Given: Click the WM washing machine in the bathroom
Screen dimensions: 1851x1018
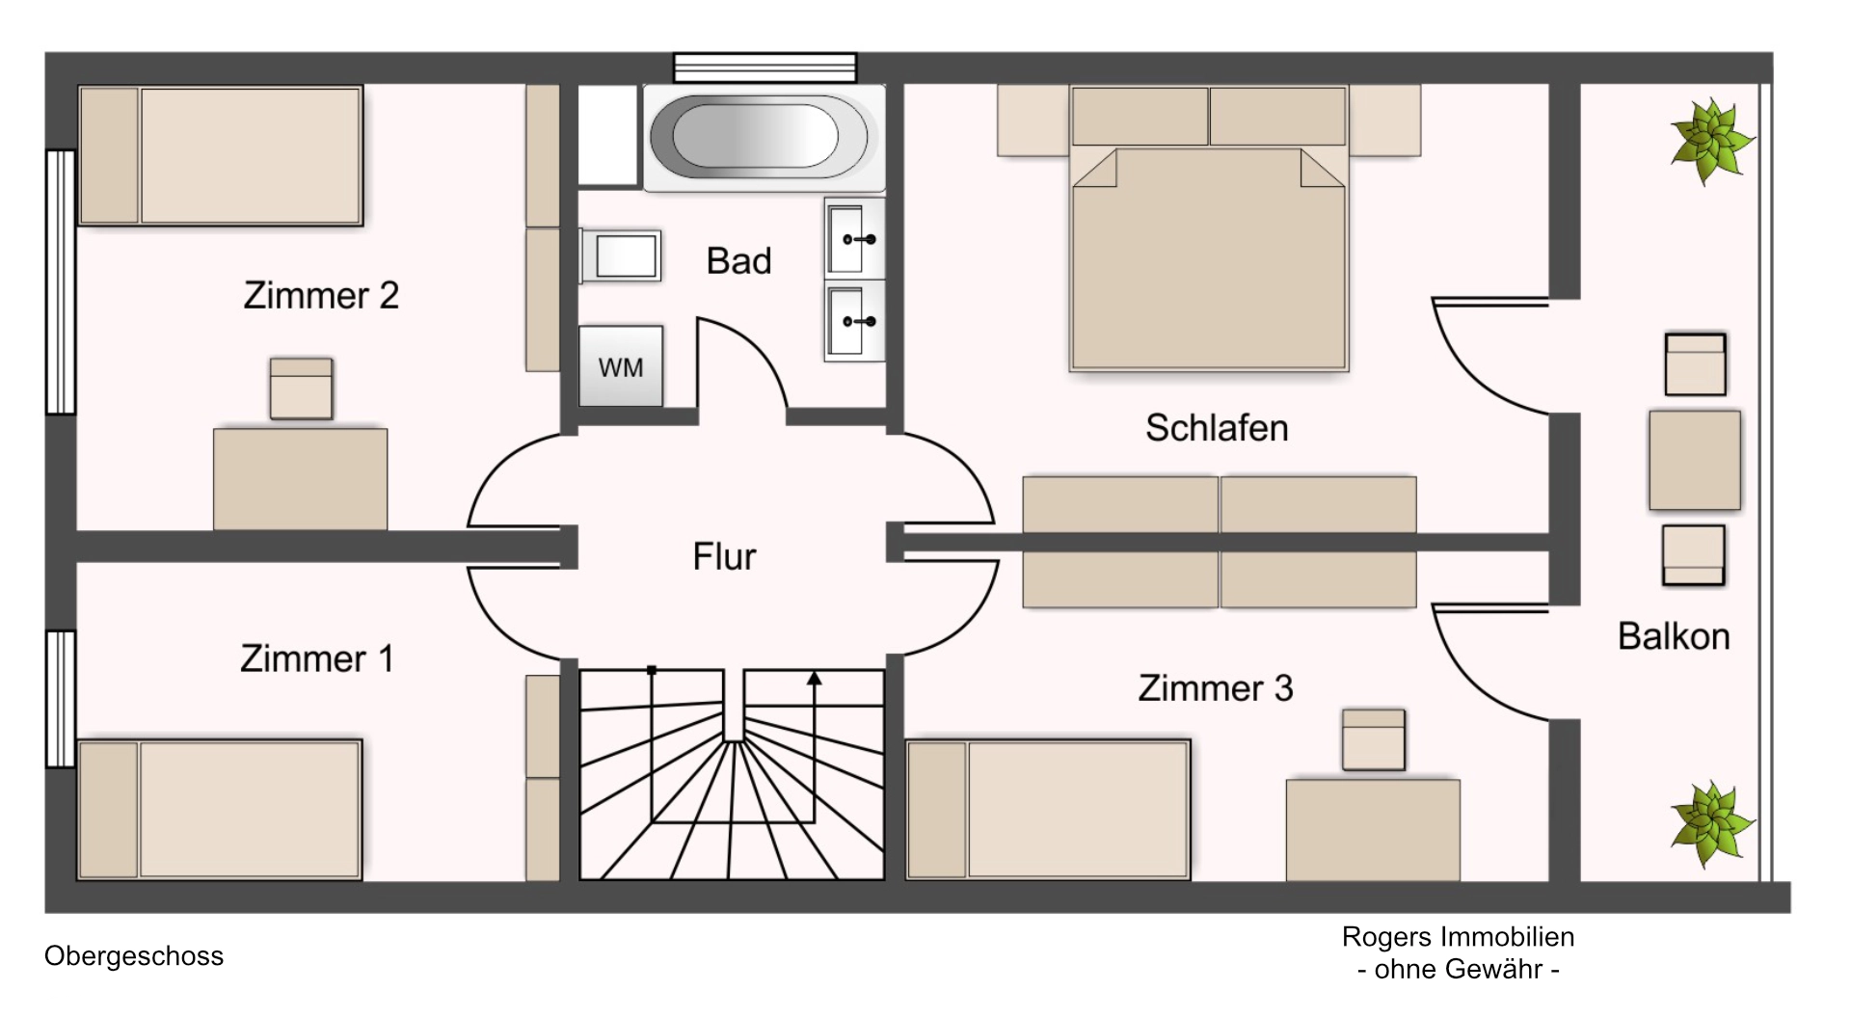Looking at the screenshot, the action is [x=621, y=365].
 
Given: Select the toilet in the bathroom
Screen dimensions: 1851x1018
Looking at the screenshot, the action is [x=621, y=255].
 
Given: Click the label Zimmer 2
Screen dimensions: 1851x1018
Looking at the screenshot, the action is [x=321, y=295].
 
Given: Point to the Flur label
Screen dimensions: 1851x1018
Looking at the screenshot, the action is [x=724, y=556].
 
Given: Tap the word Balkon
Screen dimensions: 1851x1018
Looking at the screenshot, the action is [x=1674, y=636].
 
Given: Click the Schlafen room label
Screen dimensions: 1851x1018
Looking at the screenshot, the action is [x=1217, y=428].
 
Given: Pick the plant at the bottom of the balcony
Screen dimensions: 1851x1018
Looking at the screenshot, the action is [x=1711, y=824].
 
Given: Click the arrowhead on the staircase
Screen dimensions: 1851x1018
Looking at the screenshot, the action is [x=815, y=679].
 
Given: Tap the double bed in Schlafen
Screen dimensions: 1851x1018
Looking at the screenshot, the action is [x=1209, y=228].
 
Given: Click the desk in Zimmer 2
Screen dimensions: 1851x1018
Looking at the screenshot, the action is [x=300, y=479].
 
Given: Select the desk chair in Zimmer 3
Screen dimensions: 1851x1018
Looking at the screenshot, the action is [x=1374, y=739].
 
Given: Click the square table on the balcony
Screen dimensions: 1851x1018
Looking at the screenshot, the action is [x=1695, y=460].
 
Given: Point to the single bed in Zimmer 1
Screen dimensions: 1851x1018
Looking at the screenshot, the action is [x=220, y=810].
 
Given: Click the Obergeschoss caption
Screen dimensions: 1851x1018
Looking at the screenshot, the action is [x=134, y=956].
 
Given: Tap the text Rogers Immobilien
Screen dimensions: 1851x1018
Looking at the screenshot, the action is [x=1458, y=936].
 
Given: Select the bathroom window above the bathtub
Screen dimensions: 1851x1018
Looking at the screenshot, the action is [x=765, y=67].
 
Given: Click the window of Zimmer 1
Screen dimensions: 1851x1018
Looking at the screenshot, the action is [x=61, y=699].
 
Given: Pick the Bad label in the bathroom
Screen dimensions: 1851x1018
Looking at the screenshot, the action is [x=738, y=260].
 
